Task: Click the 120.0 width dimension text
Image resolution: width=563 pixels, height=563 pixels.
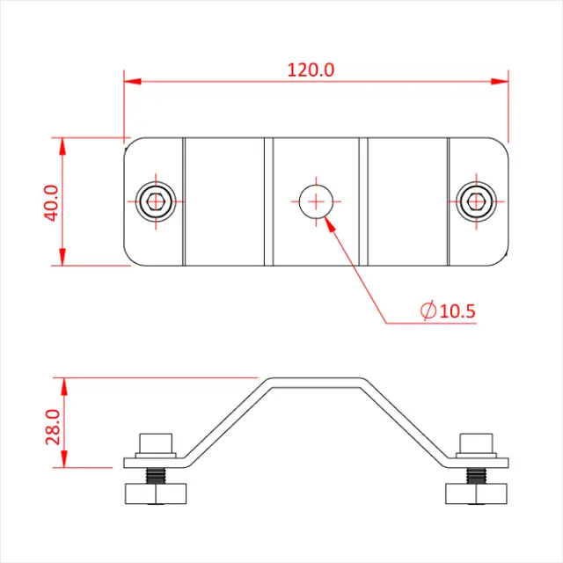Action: pyautogui.click(x=311, y=69)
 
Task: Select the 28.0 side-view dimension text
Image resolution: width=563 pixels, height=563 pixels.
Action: pyautogui.click(x=51, y=425)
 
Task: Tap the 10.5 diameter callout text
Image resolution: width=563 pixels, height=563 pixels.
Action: pyautogui.click(x=457, y=311)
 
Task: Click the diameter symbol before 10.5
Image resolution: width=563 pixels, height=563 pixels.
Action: pyautogui.click(x=428, y=311)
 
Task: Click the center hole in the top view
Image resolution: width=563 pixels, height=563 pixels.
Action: pyautogui.click(x=314, y=201)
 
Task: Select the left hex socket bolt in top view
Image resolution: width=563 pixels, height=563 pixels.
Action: pyautogui.click(x=156, y=201)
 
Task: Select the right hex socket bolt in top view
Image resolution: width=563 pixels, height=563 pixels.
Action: pyautogui.click(x=475, y=201)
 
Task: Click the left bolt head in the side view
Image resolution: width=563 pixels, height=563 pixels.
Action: pyautogui.click(x=156, y=444)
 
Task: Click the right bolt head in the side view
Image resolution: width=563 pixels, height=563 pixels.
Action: pyautogui.click(x=475, y=444)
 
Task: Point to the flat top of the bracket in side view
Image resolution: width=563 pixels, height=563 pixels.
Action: pyautogui.click(x=314, y=380)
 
